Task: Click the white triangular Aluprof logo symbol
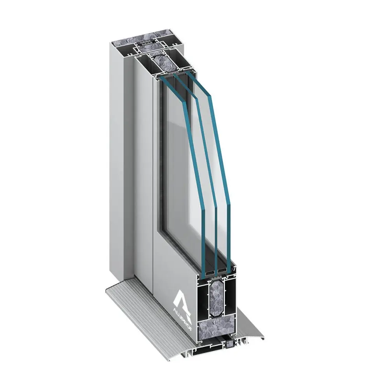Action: pos(182,299)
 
